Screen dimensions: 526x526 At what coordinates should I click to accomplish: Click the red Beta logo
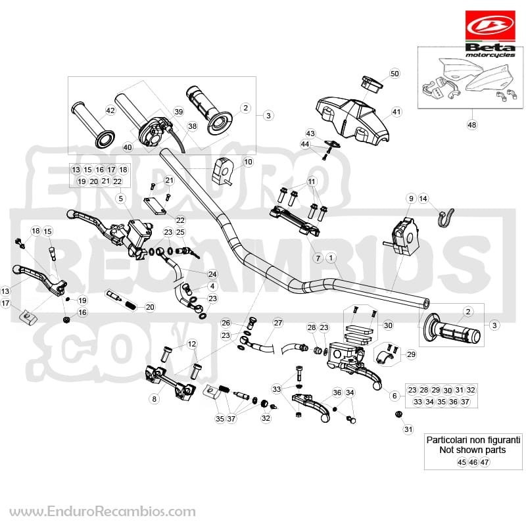click(x=490, y=26)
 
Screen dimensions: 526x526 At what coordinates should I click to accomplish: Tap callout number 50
click(x=395, y=74)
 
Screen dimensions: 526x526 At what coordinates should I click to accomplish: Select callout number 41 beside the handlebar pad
click(x=396, y=112)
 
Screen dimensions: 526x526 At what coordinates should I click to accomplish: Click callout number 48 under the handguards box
click(x=471, y=125)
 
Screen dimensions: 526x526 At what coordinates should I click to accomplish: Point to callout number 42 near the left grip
click(x=110, y=110)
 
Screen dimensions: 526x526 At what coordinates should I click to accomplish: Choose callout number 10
click(x=248, y=162)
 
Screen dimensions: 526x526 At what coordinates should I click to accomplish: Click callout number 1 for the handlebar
click(x=331, y=258)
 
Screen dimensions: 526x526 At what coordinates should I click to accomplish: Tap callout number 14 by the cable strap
click(x=423, y=199)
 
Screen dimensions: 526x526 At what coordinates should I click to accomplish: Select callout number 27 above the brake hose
click(x=278, y=323)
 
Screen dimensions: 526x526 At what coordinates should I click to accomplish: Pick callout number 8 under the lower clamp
click(x=154, y=399)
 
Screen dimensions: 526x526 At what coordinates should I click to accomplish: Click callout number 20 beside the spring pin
click(x=150, y=307)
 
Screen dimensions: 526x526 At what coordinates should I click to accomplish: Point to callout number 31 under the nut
click(x=408, y=429)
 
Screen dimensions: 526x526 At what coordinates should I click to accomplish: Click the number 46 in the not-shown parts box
click(x=473, y=462)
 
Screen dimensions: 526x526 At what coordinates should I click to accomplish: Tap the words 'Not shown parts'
click(x=473, y=450)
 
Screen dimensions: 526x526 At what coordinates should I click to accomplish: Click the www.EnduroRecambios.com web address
click(x=103, y=512)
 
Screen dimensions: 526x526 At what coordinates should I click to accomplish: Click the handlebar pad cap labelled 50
click(x=371, y=84)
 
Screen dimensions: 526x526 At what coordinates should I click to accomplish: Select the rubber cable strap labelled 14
click(x=446, y=217)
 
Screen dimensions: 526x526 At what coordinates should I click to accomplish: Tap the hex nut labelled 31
click(x=399, y=414)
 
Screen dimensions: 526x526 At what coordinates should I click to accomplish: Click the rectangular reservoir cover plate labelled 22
click(x=155, y=206)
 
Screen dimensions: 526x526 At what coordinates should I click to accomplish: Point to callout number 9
click(x=411, y=199)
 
